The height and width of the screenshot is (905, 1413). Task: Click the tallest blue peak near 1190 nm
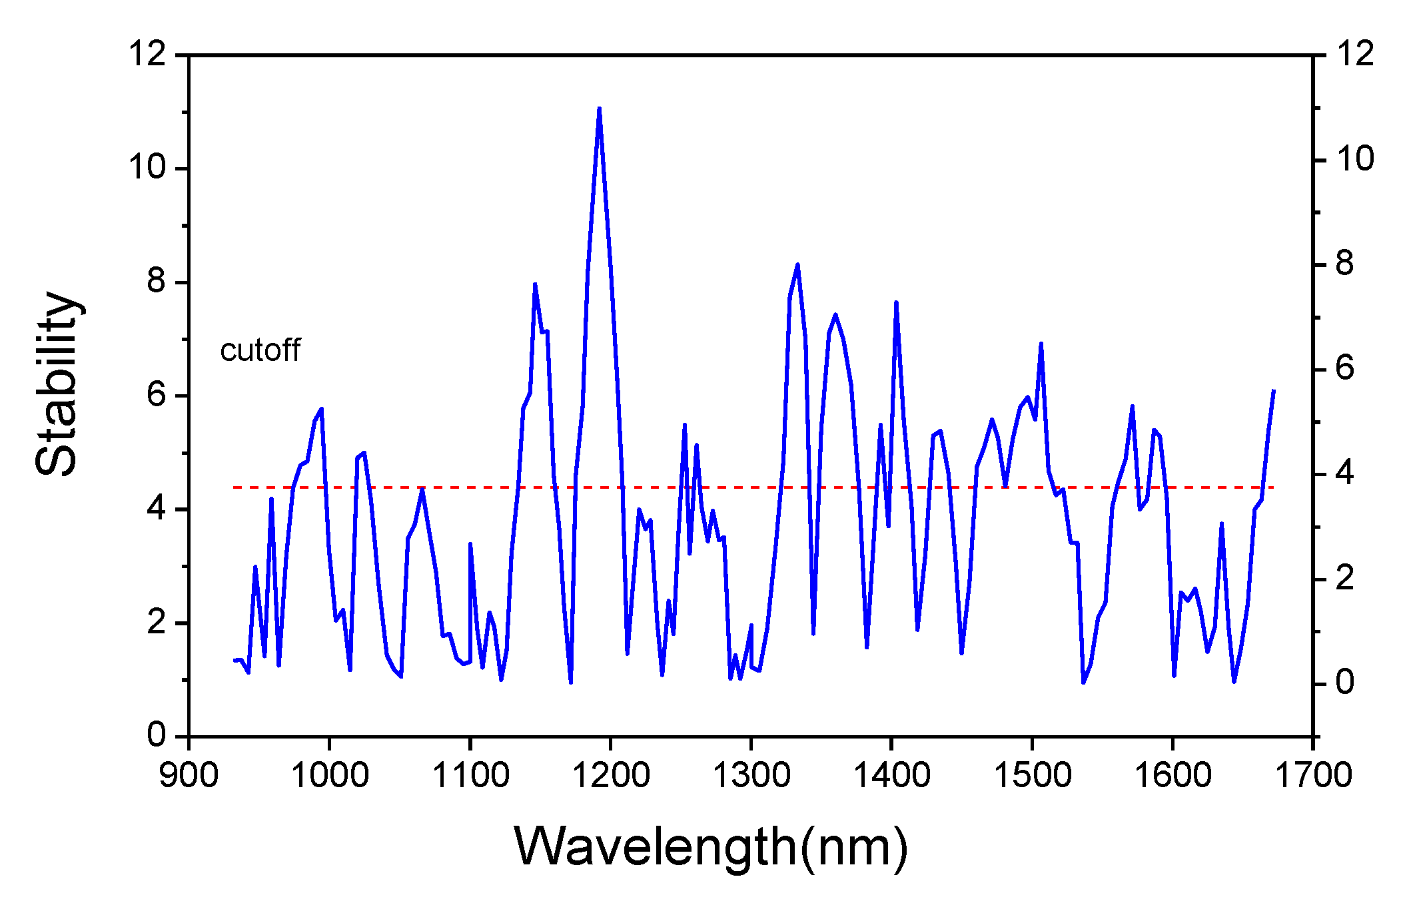click(x=599, y=109)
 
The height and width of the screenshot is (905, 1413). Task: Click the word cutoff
click(x=260, y=351)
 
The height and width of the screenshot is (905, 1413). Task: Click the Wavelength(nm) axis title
click(x=710, y=847)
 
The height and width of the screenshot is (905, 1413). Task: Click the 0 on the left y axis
click(x=157, y=735)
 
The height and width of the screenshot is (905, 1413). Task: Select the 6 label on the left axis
click(x=157, y=396)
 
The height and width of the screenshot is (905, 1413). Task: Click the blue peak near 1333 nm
click(x=797, y=265)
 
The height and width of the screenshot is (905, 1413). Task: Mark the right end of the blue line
click(x=1273, y=391)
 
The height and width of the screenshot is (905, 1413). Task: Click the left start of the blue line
click(x=235, y=660)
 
